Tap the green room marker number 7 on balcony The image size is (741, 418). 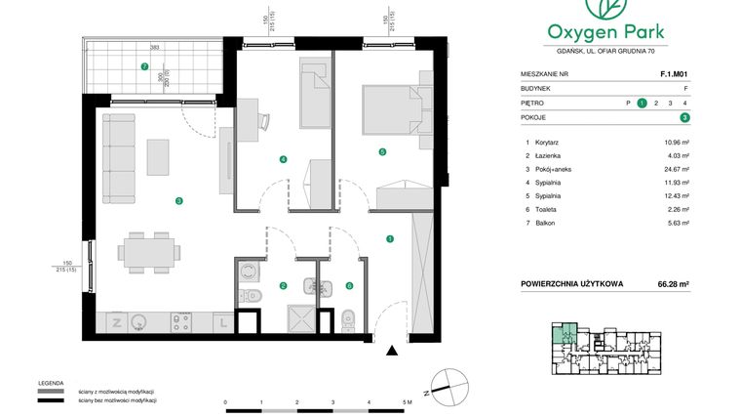point(144,67)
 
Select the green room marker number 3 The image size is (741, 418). point(178,201)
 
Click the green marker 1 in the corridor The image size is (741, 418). point(390,237)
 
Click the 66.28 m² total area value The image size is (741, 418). point(672,284)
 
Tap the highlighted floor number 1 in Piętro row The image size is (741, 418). point(642,102)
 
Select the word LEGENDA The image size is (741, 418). point(52,383)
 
